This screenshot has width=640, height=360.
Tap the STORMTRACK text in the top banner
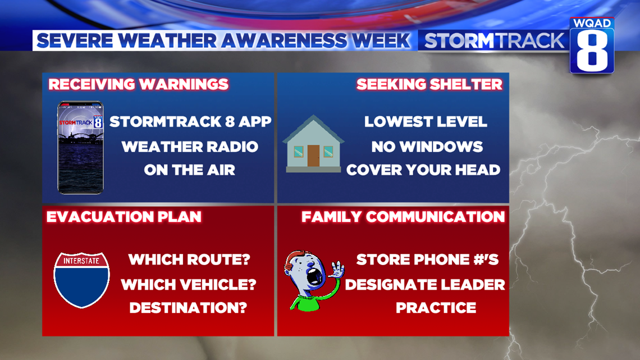(494, 40)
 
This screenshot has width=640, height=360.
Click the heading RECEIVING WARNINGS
(139, 84)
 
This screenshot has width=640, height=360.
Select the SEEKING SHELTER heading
(429, 84)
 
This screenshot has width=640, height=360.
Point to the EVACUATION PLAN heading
(124, 217)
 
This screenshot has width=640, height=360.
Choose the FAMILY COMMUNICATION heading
(403, 217)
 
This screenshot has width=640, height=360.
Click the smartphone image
(80, 148)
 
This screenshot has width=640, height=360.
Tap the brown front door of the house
(313, 155)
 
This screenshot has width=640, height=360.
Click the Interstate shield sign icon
(81, 279)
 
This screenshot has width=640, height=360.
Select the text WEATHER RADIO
(190, 147)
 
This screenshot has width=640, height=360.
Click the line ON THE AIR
(190, 170)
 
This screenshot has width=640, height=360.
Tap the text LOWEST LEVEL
(426, 122)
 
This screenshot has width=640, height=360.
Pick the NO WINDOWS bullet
(427, 147)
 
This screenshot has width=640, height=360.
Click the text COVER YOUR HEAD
(423, 170)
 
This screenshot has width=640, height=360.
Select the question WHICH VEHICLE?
(189, 284)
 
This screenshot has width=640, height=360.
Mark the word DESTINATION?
(188, 308)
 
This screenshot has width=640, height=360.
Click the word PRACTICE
(436, 308)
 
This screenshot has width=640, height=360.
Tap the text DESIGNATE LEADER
(425, 284)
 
